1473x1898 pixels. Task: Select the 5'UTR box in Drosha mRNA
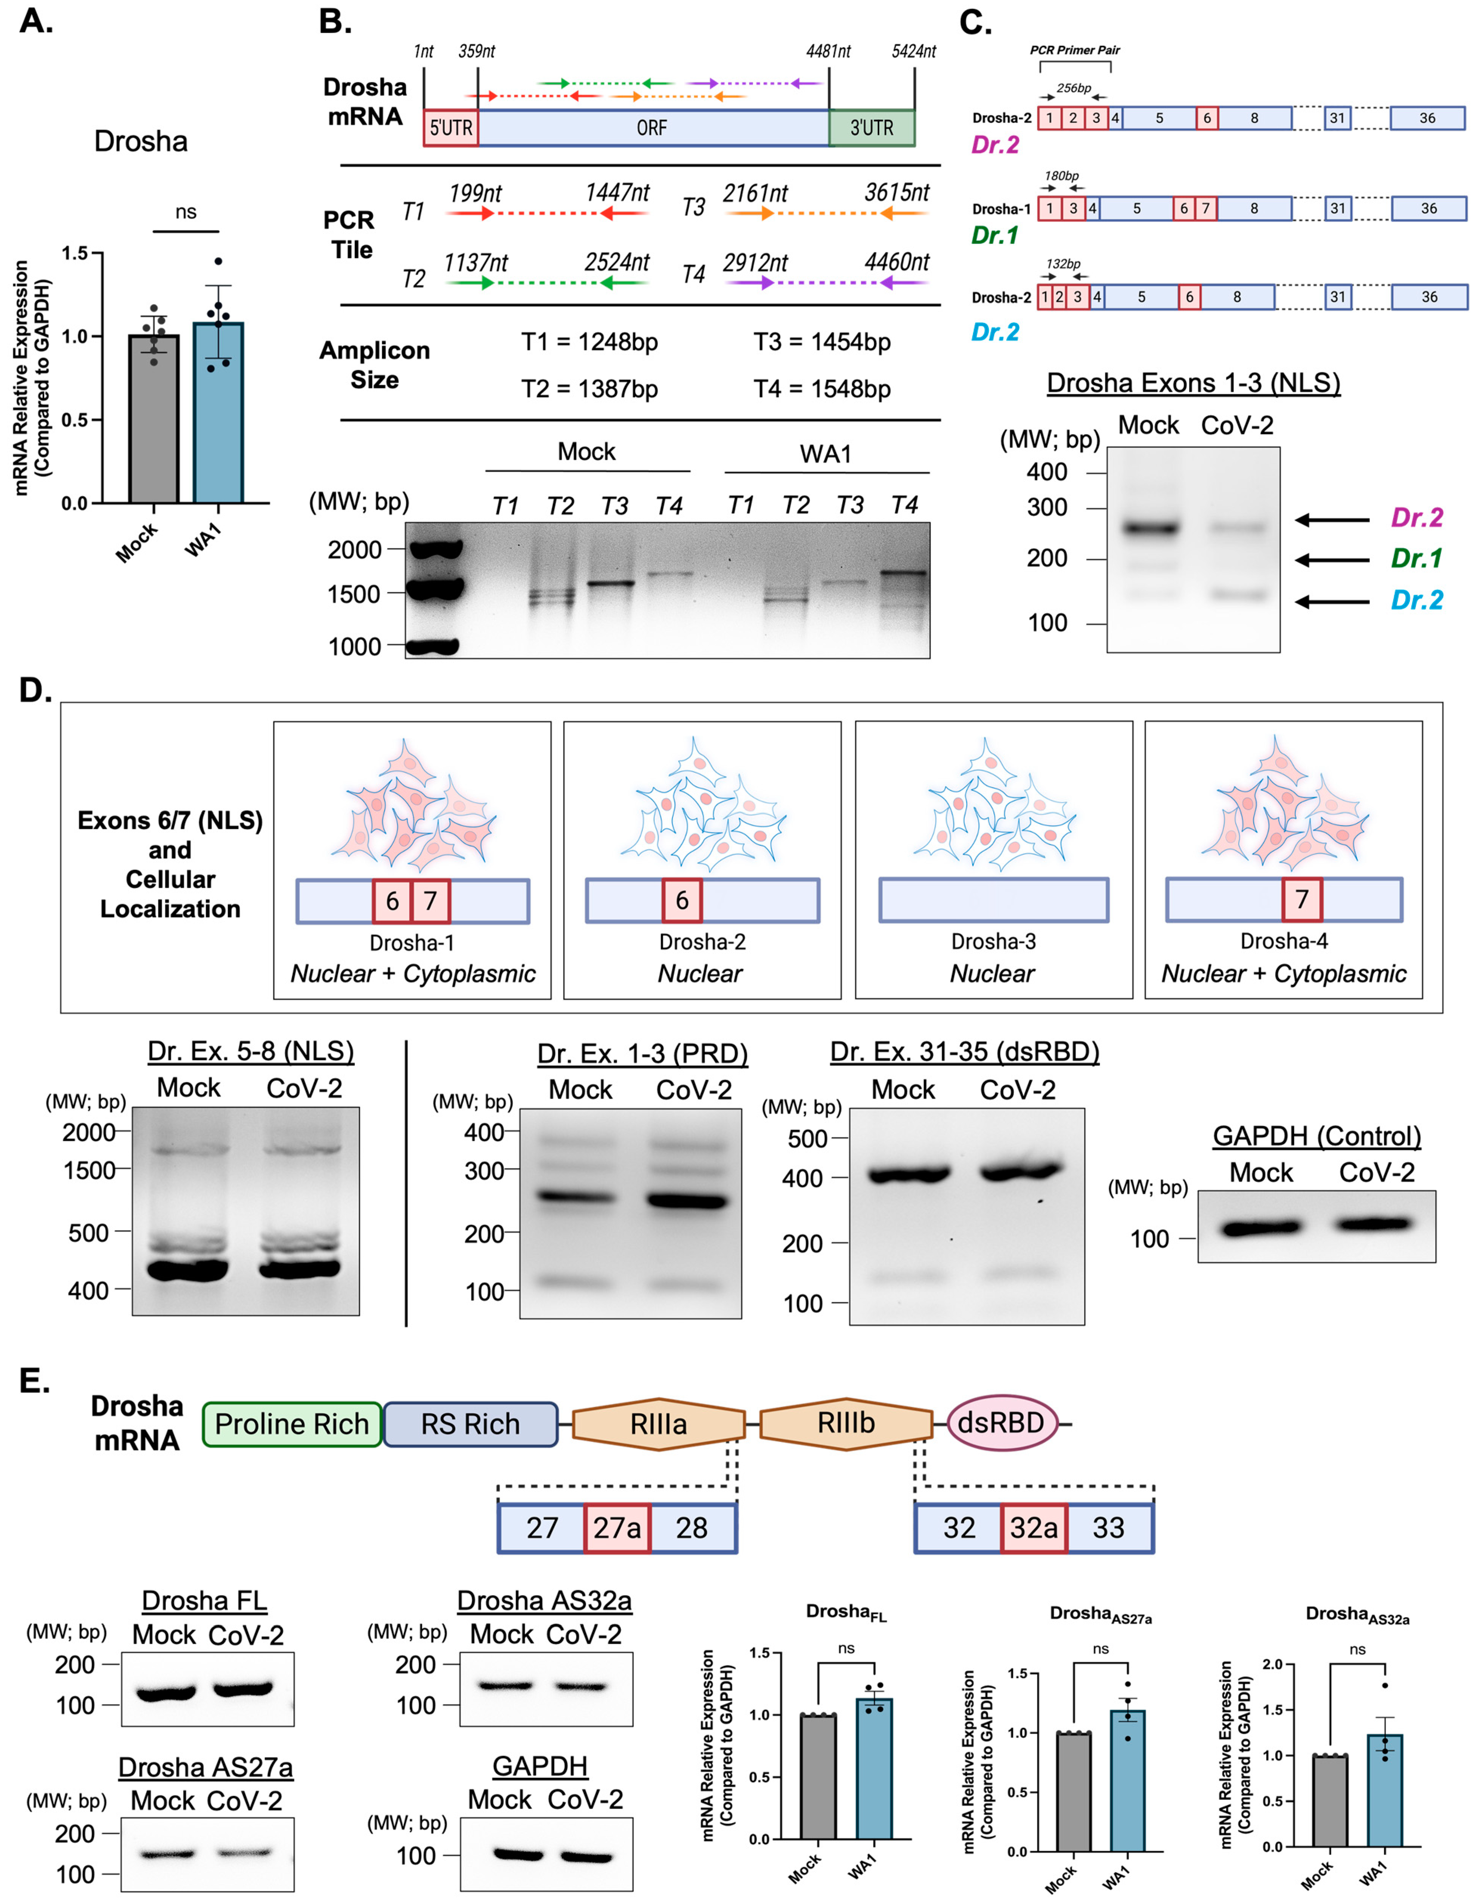(451, 128)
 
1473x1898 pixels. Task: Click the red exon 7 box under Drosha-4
(1301, 900)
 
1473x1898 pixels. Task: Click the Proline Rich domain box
(292, 1423)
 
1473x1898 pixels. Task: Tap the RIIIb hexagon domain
(846, 1423)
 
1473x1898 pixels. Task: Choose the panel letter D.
(35, 691)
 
